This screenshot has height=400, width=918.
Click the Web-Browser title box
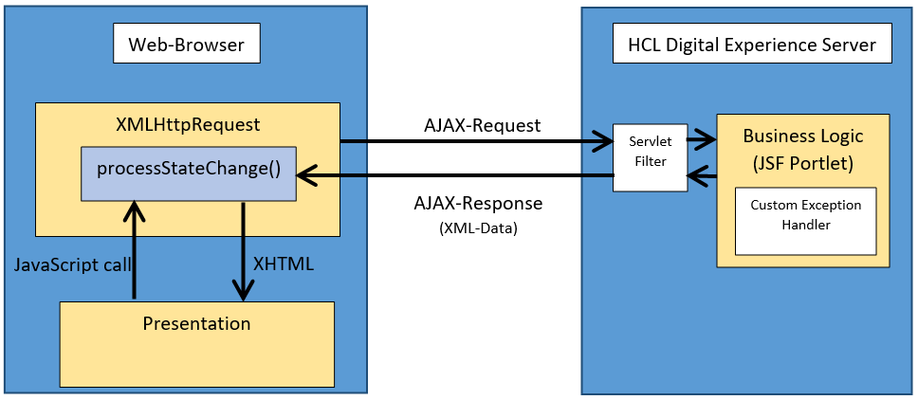(x=186, y=44)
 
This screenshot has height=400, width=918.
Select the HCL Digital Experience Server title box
(x=752, y=44)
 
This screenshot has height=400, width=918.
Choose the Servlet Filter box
(x=650, y=157)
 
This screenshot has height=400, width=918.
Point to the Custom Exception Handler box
(x=805, y=221)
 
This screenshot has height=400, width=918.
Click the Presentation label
(x=196, y=323)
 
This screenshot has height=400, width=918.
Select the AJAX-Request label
(x=483, y=125)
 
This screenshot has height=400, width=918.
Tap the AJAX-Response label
(x=478, y=203)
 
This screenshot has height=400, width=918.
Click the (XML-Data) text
(x=478, y=228)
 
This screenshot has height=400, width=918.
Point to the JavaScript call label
(x=73, y=264)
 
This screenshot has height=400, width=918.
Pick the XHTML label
(x=284, y=264)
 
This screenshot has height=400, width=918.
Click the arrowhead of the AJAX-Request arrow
(x=603, y=141)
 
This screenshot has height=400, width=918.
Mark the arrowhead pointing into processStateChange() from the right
(x=306, y=174)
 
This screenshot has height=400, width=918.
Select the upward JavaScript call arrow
(x=134, y=250)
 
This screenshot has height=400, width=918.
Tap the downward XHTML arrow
(x=243, y=251)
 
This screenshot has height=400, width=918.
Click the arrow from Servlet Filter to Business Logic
(x=702, y=139)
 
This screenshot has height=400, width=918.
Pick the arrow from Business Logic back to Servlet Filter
(x=702, y=174)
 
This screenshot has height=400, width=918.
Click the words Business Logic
(x=803, y=136)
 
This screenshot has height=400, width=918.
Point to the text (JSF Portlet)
(x=803, y=163)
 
